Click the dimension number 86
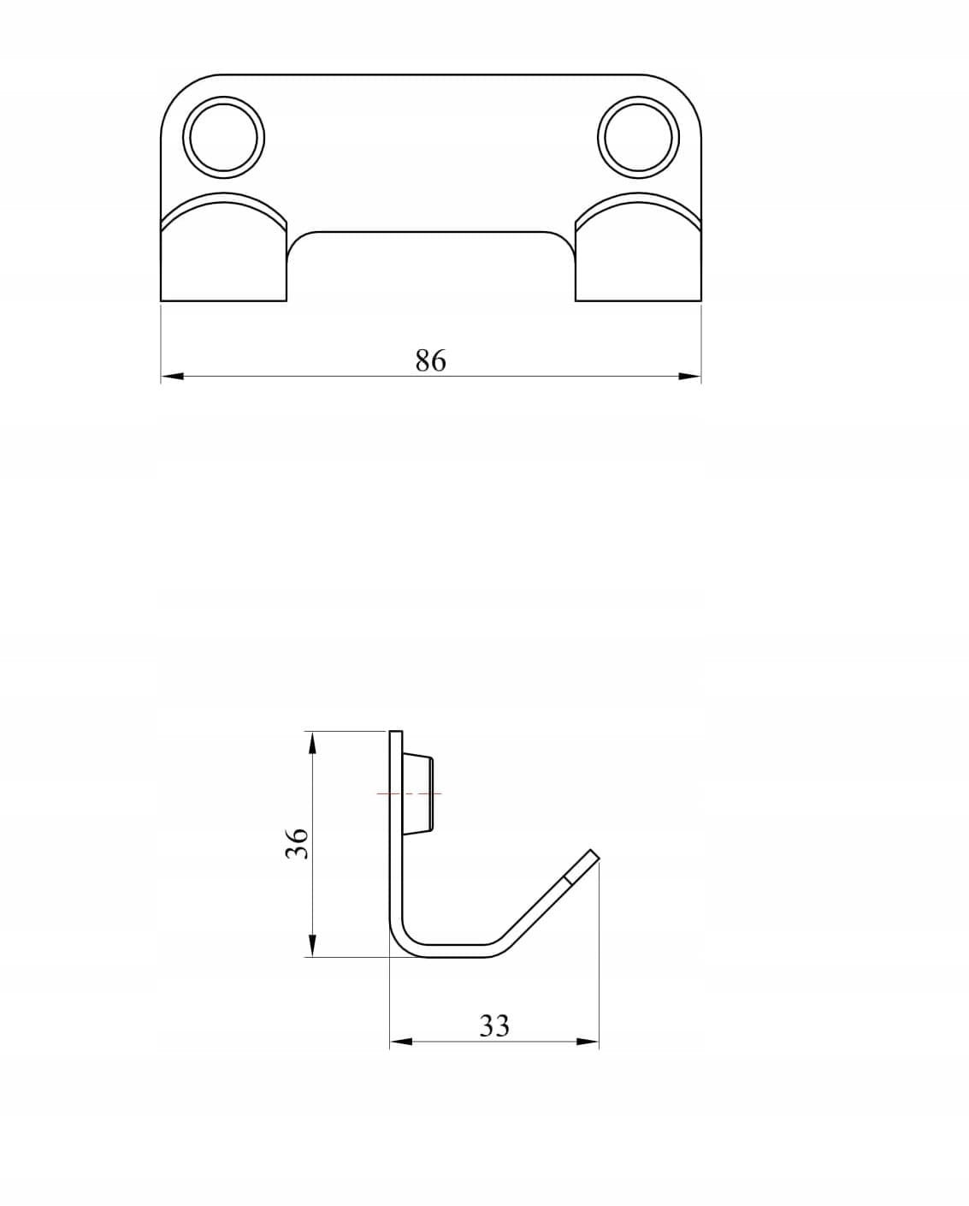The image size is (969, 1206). (x=431, y=360)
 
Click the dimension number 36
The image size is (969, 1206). (x=297, y=843)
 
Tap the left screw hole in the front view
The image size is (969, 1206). (x=223, y=137)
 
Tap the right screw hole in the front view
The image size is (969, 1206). (x=639, y=137)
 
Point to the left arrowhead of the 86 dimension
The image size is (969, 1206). (x=172, y=376)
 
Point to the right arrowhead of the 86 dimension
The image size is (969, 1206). (x=690, y=376)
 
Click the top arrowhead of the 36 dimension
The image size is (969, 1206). (x=313, y=743)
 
